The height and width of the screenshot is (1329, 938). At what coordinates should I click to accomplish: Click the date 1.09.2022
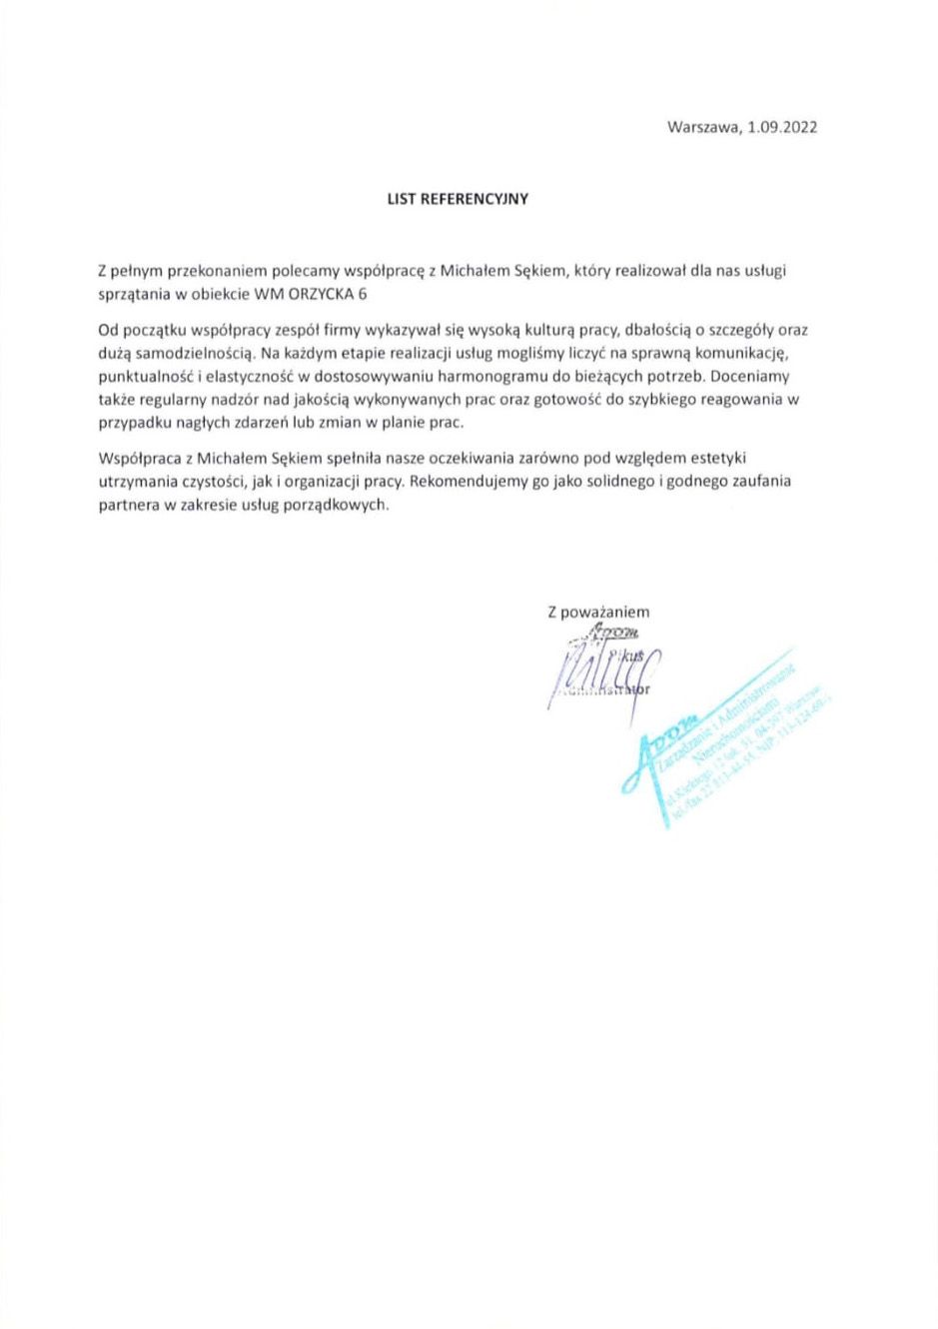pyautogui.click(x=782, y=127)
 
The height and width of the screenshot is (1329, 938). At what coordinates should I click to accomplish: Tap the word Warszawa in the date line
pyautogui.click(x=702, y=127)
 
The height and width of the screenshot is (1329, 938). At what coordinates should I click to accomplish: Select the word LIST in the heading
pyautogui.click(x=402, y=199)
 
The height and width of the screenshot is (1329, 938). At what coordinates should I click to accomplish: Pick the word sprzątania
pyautogui.click(x=134, y=294)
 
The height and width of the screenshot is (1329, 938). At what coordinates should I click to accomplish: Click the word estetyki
pyautogui.click(x=718, y=458)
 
